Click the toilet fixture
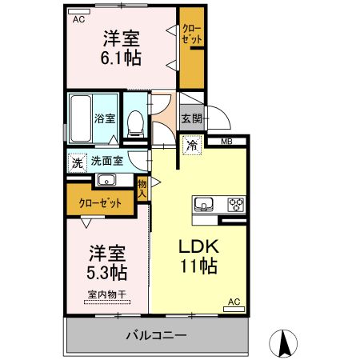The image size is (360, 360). coord(135,120)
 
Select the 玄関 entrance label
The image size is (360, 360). coord(191,119)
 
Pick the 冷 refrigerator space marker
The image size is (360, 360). coord(192,145)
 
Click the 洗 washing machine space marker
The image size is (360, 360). coord(78,162)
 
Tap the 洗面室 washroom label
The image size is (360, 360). coord(106,161)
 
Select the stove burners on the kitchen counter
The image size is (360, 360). coord(237,202)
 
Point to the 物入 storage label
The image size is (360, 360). coord(142,188)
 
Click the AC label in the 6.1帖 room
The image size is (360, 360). coord(78,20)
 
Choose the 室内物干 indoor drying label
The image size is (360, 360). coord(105,295)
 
